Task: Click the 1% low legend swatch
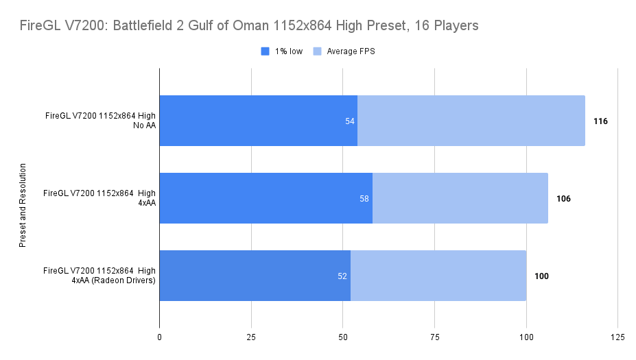click(266, 51)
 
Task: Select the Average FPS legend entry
click(351, 51)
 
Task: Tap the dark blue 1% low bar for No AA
click(258, 121)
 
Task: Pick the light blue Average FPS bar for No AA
click(471, 121)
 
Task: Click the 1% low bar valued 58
click(266, 198)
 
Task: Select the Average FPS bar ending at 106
click(460, 198)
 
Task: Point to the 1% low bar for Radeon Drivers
click(255, 276)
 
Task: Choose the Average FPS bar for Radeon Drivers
click(438, 276)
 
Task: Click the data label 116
click(600, 121)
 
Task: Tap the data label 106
click(563, 199)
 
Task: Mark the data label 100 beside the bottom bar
click(541, 276)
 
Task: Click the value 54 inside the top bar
click(350, 121)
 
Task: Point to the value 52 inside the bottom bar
click(342, 276)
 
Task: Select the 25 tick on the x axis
click(251, 337)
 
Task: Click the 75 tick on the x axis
click(434, 337)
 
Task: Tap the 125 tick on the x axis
click(617, 337)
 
